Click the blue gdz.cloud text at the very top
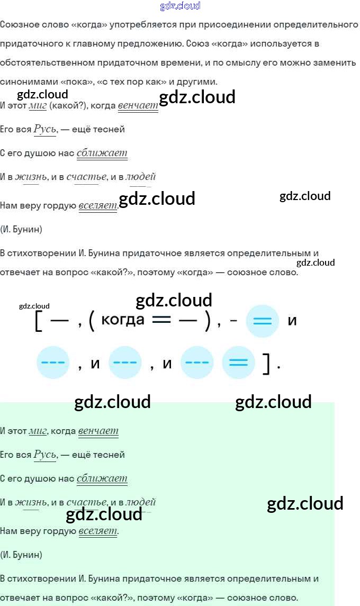click(180, 6)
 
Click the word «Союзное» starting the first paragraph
click(18, 25)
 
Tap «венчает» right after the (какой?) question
click(138, 106)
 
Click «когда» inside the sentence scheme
click(122, 320)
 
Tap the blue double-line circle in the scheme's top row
click(263, 321)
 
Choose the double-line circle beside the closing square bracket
click(238, 363)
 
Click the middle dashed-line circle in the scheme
click(125, 363)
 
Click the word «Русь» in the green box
click(44, 455)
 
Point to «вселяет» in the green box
click(98, 531)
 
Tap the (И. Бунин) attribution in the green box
click(21, 555)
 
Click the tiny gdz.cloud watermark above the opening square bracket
click(34, 306)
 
